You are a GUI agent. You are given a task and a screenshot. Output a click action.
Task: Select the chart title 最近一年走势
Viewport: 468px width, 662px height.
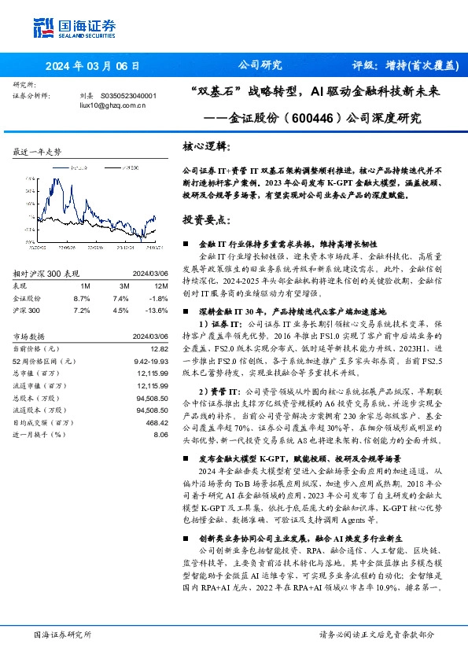tap(38, 151)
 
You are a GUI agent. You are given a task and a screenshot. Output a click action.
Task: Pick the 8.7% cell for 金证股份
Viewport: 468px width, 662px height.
tap(81, 299)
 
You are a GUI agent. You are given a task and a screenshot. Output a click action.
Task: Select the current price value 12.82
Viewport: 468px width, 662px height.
tap(159, 348)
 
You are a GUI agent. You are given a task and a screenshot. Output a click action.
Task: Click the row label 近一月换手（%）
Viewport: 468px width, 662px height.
tap(41, 433)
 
